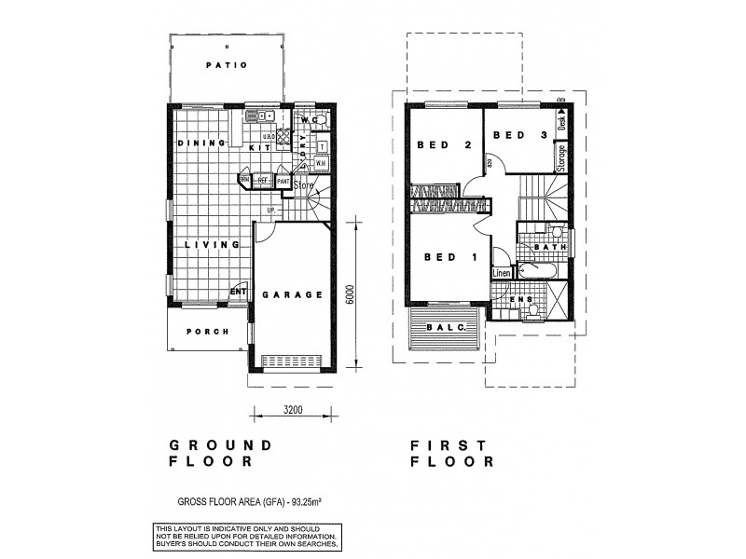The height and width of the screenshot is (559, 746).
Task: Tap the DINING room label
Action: tap(200, 143)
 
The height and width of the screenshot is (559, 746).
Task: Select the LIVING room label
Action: tap(213, 245)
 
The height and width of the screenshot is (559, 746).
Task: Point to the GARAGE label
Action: tap(292, 294)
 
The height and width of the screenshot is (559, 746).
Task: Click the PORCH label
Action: tap(208, 332)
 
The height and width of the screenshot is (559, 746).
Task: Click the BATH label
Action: tap(546, 247)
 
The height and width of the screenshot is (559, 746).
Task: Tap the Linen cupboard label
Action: tap(502, 273)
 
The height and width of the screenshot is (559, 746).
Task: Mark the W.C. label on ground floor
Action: tap(311, 121)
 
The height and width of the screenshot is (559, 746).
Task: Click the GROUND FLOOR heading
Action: tap(220, 453)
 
